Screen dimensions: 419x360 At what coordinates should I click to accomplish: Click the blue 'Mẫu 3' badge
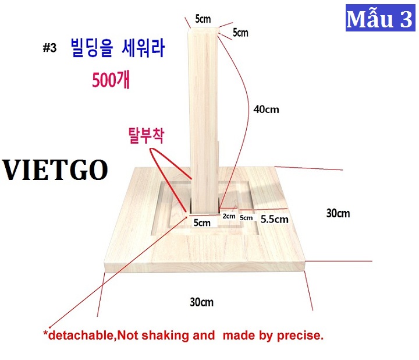380,17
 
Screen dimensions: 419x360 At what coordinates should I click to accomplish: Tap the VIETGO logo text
55,170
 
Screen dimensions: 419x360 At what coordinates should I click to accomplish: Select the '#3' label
49,48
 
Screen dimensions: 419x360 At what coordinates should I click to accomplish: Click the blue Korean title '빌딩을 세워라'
118,48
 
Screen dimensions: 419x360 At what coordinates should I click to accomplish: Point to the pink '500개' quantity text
111,80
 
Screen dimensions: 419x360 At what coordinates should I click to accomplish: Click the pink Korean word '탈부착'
146,135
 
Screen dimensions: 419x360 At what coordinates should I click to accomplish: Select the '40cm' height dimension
266,110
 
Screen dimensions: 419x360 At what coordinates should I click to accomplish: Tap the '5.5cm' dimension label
275,219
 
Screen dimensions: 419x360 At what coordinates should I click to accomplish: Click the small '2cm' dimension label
229,216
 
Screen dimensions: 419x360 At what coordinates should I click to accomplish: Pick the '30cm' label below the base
201,302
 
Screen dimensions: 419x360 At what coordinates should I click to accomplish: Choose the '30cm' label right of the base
338,213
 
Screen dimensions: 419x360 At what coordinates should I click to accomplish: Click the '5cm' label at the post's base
202,223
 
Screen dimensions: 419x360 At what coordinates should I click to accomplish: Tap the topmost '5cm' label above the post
203,19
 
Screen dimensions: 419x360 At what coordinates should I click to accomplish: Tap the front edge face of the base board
205,267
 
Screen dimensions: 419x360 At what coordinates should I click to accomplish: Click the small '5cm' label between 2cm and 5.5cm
246,218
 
